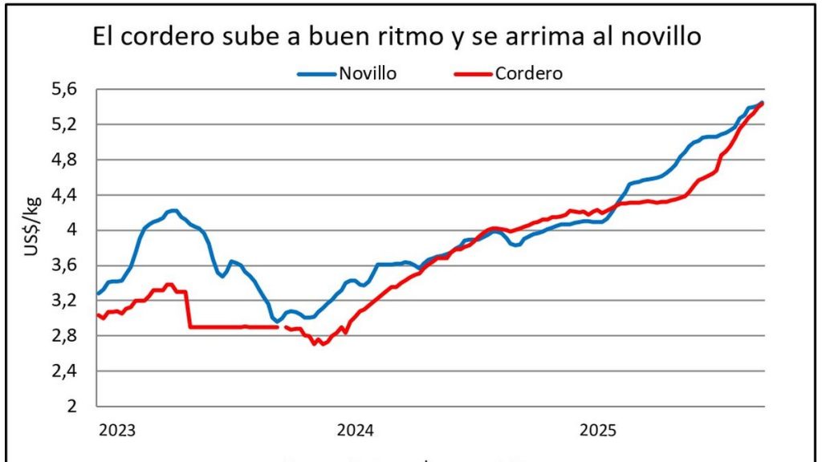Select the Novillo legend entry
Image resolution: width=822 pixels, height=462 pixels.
pos(368,73)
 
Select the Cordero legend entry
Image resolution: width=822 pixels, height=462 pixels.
pos(528,73)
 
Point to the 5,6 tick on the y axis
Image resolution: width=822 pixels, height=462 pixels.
pos(69,89)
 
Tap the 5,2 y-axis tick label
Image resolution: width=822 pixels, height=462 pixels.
pos(69,124)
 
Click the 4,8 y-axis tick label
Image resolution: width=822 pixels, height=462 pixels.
pos(69,160)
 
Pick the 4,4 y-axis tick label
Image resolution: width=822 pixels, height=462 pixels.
pos(69,195)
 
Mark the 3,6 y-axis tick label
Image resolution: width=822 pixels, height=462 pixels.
pos(69,265)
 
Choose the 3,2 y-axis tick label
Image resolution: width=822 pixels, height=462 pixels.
pos(69,301)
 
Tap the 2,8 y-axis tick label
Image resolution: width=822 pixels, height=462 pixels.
pos(69,336)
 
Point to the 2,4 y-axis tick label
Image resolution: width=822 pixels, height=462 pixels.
pos(69,371)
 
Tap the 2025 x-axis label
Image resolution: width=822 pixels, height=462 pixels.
pos(597,431)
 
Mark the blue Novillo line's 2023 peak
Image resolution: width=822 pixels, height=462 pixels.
pos(173,210)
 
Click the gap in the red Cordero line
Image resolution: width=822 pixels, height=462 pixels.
pos(282,327)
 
